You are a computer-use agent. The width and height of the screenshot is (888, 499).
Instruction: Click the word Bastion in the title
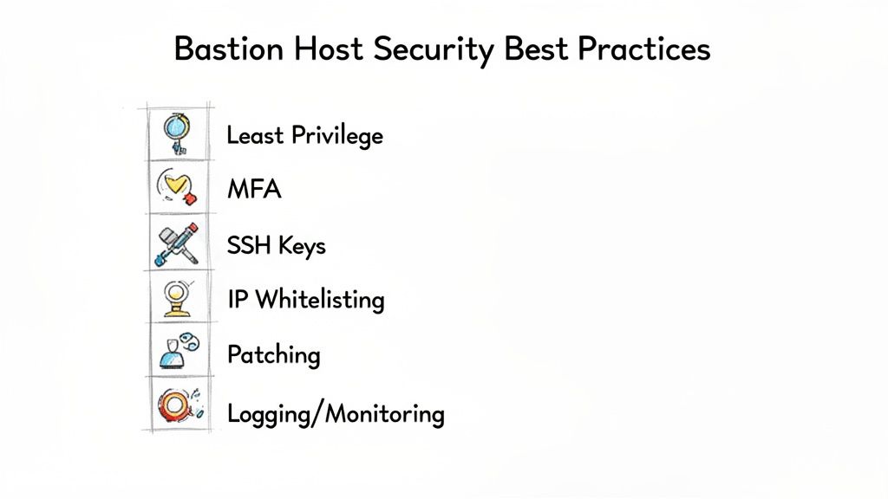pos(227,49)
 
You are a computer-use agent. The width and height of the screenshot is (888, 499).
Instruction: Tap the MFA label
pos(253,189)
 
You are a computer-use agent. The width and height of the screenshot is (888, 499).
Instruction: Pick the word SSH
pos(249,245)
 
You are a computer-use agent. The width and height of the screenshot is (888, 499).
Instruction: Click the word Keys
pos(302,246)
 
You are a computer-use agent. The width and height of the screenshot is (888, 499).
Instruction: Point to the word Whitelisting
pos(320,300)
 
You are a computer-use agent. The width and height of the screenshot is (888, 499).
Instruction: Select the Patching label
pos(273,355)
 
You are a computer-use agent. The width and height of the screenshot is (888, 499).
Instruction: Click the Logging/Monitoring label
pos(336,414)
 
